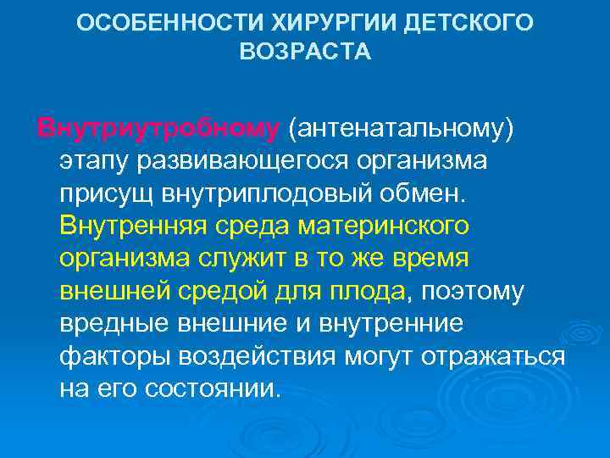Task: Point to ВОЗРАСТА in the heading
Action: pyautogui.click(x=305, y=53)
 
